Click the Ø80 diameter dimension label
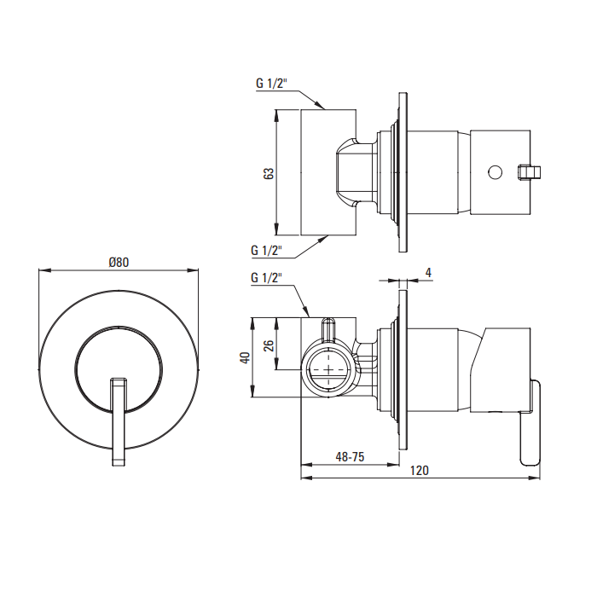pyautogui.click(x=119, y=263)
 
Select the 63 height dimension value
pyautogui.click(x=269, y=174)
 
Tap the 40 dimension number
pyautogui.click(x=246, y=357)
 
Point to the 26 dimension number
pyautogui.click(x=269, y=345)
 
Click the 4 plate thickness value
pyautogui.click(x=428, y=273)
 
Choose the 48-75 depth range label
pyautogui.click(x=350, y=456)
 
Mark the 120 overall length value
pyautogui.click(x=420, y=471)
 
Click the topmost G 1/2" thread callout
pyautogui.click(x=270, y=84)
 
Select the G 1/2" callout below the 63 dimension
pyautogui.click(x=266, y=251)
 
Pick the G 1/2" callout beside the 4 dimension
pyautogui.click(x=266, y=278)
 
